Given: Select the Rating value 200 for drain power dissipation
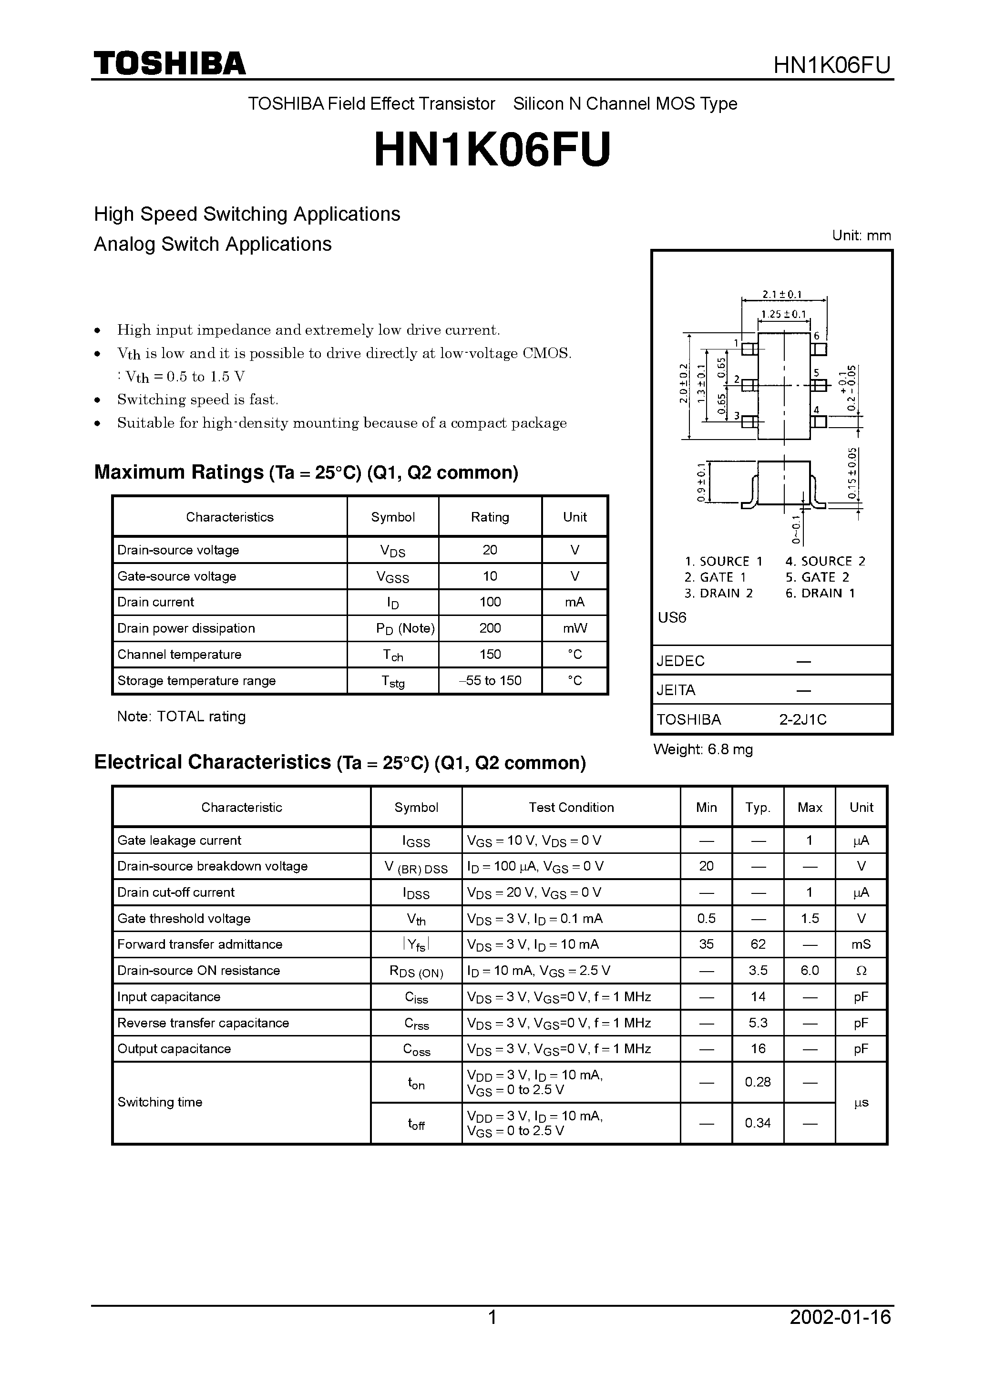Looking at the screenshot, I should click(490, 628).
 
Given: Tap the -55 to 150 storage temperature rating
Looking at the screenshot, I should click(490, 681).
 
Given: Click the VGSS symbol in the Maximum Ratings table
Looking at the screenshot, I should click(392, 577).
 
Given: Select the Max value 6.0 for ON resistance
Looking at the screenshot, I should click(809, 971).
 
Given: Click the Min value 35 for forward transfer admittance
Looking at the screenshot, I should click(706, 945).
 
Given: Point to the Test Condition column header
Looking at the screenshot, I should click(570, 808).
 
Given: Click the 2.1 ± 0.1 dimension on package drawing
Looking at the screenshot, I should click(782, 295).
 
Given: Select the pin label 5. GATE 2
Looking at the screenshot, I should click(817, 577).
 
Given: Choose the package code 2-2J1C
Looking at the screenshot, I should click(803, 720).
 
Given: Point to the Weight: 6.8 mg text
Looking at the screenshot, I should click(703, 750).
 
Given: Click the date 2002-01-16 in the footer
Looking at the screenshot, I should click(840, 1334).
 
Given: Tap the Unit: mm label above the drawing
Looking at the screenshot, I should click(861, 236).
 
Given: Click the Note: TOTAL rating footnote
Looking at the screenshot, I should click(181, 717).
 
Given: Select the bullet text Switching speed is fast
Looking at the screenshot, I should click(197, 400).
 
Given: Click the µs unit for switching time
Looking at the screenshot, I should click(861, 1103).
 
